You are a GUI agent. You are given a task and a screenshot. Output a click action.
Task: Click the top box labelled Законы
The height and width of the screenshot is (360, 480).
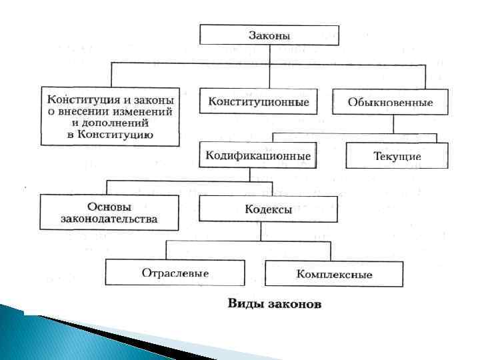[269, 35]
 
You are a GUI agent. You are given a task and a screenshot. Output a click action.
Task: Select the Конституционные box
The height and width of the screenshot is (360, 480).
[258, 102]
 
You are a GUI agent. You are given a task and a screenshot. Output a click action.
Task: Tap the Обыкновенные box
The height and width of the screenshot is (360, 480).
[390, 102]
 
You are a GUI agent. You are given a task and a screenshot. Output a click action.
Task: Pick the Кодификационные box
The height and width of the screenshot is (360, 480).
[258, 156]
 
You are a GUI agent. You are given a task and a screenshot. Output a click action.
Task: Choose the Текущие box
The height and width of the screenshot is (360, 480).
[397, 157]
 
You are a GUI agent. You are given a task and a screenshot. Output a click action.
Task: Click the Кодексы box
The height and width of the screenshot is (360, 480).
[269, 209]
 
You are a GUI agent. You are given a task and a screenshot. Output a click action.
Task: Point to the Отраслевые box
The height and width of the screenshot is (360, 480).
[175, 273]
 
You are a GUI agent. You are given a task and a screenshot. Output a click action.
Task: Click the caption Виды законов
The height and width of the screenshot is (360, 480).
[275, 304]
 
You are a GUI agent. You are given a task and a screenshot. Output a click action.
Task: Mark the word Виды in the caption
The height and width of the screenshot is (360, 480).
[243, 304]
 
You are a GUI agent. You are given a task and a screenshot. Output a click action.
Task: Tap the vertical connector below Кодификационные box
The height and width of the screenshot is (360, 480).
[249, 173]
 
